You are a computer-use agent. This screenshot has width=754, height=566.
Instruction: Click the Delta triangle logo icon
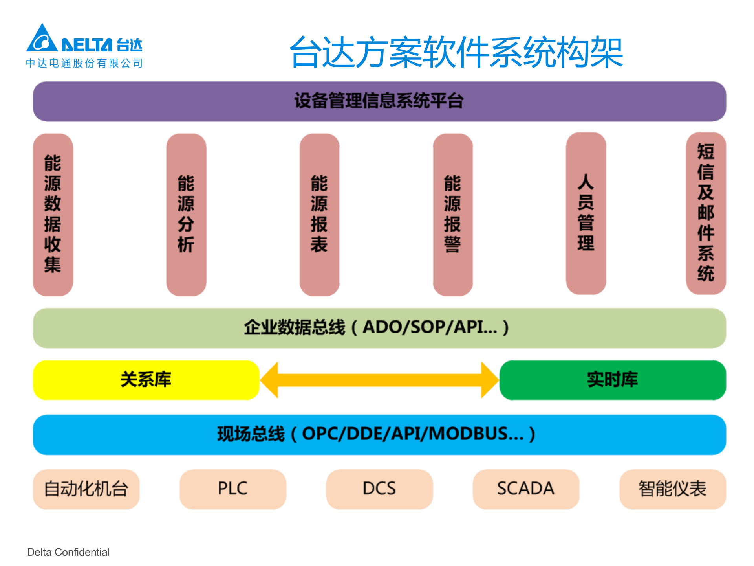[42, 39]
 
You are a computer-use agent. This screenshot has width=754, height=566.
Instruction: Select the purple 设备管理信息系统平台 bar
[379, 101]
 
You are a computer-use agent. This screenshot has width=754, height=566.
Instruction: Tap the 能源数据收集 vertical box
[53, 214]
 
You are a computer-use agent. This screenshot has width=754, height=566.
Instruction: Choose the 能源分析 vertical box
[186, 214]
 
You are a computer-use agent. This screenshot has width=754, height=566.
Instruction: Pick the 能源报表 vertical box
[319, 214]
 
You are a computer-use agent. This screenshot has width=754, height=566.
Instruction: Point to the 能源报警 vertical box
[452, 214]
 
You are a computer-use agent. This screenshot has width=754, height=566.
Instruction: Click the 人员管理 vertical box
[586, 213]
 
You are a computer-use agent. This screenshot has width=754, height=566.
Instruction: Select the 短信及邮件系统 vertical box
[706, 213]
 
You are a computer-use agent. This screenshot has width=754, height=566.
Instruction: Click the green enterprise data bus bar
[379, 328]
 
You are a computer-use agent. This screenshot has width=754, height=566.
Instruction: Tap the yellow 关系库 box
[146, 380]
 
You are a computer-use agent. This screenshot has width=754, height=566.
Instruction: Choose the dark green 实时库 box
[612, 380]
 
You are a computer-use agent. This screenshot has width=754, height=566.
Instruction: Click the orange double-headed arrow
[379, 380]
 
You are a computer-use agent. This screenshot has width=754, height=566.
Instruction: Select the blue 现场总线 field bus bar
[379, 434]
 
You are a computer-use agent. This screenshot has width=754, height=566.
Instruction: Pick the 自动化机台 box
[86, 489]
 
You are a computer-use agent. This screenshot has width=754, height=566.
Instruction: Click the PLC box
[233, 489]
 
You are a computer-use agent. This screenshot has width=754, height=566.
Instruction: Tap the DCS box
[379, 489]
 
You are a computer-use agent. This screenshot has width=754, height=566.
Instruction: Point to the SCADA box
[526, 489]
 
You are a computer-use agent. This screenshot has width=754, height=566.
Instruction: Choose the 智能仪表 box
[672, 489]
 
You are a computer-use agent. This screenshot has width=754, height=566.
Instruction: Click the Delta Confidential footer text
[68, 552]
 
